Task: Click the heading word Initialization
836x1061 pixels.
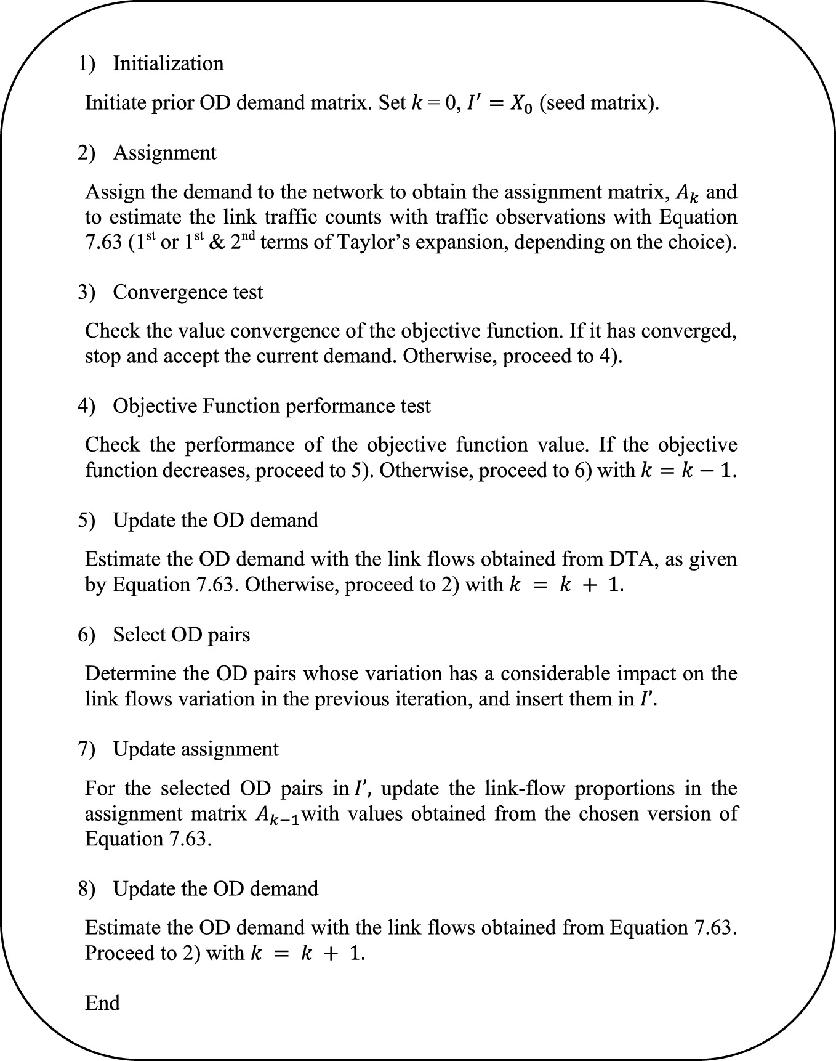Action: (x=168, y=63)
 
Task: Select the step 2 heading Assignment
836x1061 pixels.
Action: (x=164, y=153)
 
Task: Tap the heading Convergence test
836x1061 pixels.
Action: (x=188, y=292)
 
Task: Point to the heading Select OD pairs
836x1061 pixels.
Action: (x=182, y=635)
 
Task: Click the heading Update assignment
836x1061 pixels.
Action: (x=196, y=749)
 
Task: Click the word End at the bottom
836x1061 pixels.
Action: (x=102, y=1003)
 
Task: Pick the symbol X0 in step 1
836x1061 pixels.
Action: (x=519, y=103)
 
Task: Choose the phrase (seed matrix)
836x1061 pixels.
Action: (x=599, y=103)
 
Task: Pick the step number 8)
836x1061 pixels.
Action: (x=86, y=889)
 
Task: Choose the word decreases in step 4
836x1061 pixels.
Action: (x=206, y=470)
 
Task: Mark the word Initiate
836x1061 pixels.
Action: (x=115, y=102)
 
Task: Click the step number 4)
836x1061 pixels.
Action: (x=86, y=406)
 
